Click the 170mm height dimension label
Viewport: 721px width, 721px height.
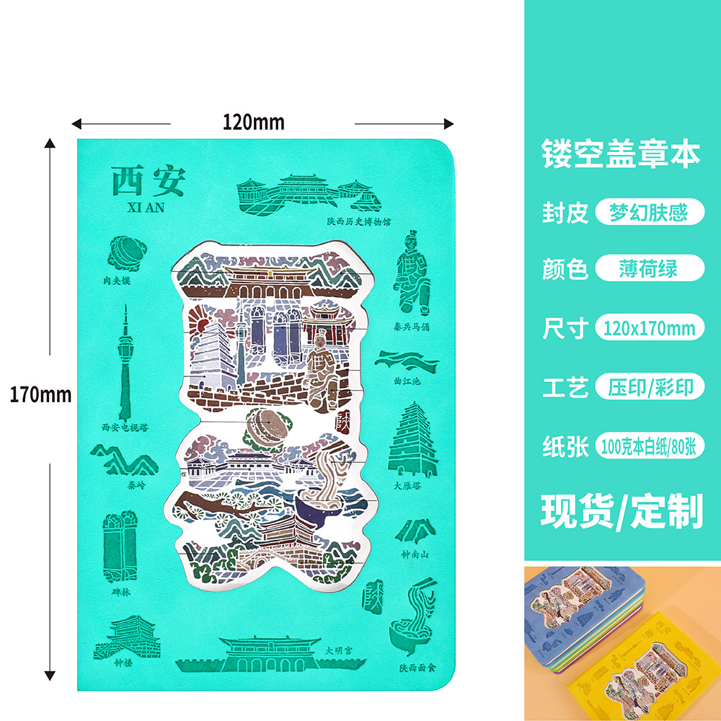[40, 394]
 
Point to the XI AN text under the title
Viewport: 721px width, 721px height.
[146, 208]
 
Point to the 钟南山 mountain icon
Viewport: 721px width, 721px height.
[416, 531]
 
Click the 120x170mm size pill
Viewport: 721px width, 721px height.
[650, 329]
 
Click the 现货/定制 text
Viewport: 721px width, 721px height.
[622, 511]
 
